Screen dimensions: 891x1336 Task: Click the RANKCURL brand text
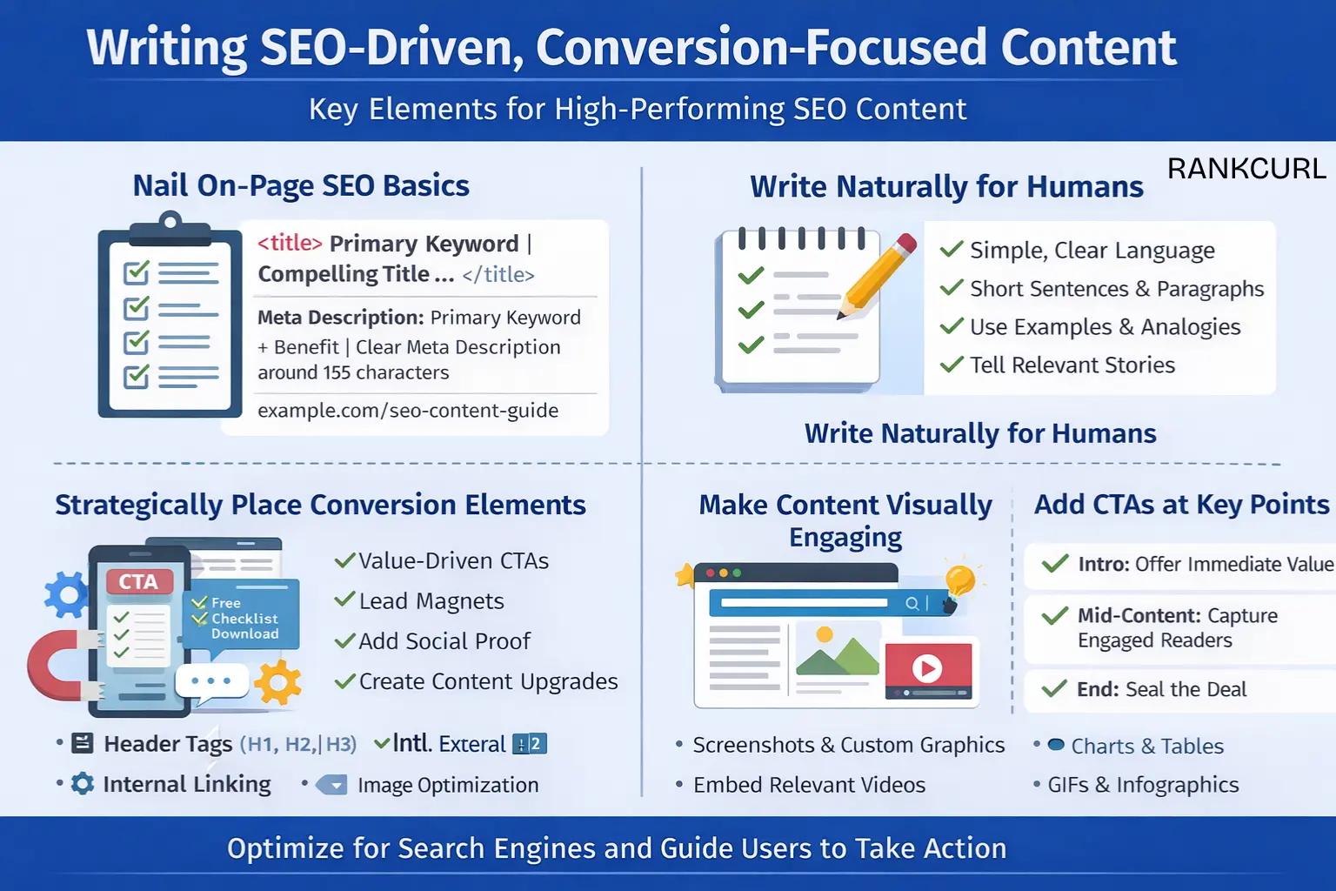pos(1246,169)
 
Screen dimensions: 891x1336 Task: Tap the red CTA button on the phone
pos(139,582)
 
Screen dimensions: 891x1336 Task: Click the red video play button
pos(927,668)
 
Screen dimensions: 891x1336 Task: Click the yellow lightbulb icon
pos(960,579)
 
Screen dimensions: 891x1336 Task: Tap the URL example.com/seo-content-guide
pos(408,411)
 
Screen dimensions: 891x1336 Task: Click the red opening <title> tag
pos(290,244)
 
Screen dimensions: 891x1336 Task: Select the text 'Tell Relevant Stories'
pos(1072,365)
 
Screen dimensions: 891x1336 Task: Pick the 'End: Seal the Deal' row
pos(1161,690)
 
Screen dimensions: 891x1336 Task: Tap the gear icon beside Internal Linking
pos(83,784)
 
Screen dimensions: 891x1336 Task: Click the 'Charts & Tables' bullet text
pos(1146,747)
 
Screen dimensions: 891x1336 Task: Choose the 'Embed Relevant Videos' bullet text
pos(809,785)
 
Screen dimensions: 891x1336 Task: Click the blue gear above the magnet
pos(67,594)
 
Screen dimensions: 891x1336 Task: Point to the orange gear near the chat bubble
pos(277,682)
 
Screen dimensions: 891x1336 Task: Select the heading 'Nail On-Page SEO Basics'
pos(301,186)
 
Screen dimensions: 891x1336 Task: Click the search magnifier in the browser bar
pos(912,603)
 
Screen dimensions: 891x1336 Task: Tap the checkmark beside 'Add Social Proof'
pos(345,641)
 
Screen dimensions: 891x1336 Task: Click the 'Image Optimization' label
pos(448,785)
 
